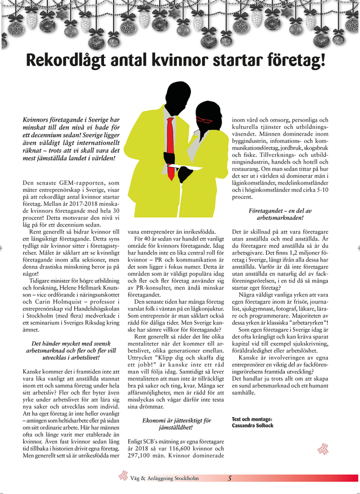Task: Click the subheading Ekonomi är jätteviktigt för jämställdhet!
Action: pyautogui.click(x=176, y=423)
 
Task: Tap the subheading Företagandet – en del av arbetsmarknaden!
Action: pyautogui.click(x=281, y=215)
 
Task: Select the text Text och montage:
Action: pyautogui.click(x=252, y=419)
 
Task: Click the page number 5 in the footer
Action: pyautogui.click(x=230, y=478)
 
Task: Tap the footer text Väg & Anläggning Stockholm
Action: pyautogui.click(x=164, y=479)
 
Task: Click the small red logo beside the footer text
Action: pyautogui.click(x=123, y=477)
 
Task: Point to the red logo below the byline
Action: pyautogui.click(x=322, y=449)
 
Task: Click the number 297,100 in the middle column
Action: pyautogui.click(x=141, y=456)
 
